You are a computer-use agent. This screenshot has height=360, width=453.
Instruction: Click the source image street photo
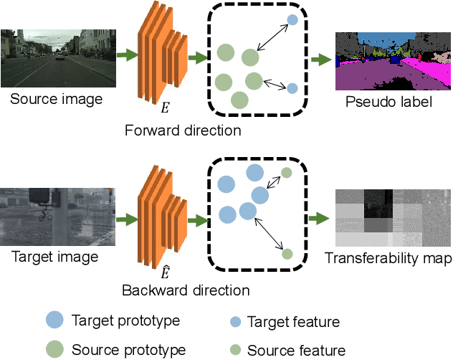(x=57, y=57)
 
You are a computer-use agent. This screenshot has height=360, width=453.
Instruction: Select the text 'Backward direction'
(x=185, y=290)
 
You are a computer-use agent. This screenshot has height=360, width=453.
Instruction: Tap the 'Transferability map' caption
(x=387, y=258)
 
